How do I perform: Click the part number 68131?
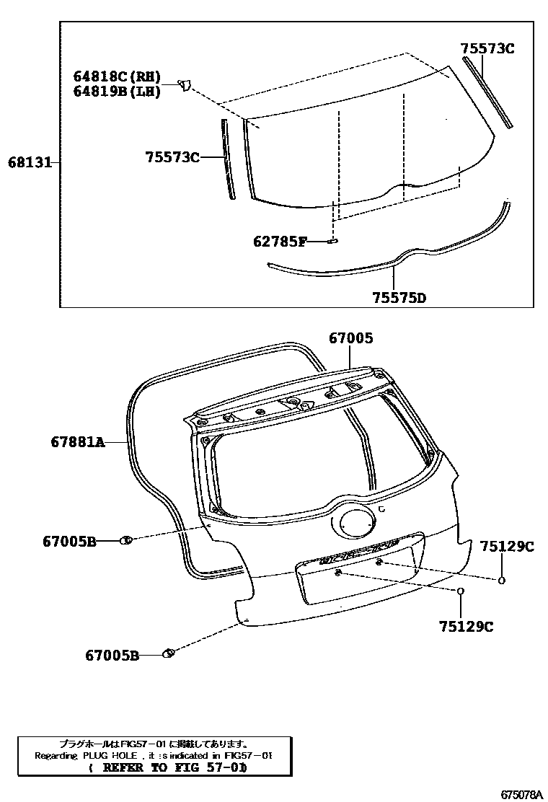click(30, 163)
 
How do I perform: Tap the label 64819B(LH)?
click(116, 92)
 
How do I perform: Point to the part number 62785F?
click(280, 242)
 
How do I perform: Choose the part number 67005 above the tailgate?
click(351, 338)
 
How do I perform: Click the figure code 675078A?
click(521, 794)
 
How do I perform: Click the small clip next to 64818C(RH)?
click(185, 86)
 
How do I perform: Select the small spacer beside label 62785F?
click(332, 241)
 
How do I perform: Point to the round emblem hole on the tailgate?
click(352, 524)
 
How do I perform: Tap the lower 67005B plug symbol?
click(169, 654)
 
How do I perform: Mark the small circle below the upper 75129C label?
click(501, 580)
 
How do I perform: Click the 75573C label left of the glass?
click(172, 157)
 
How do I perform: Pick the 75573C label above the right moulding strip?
click(488, 49)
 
